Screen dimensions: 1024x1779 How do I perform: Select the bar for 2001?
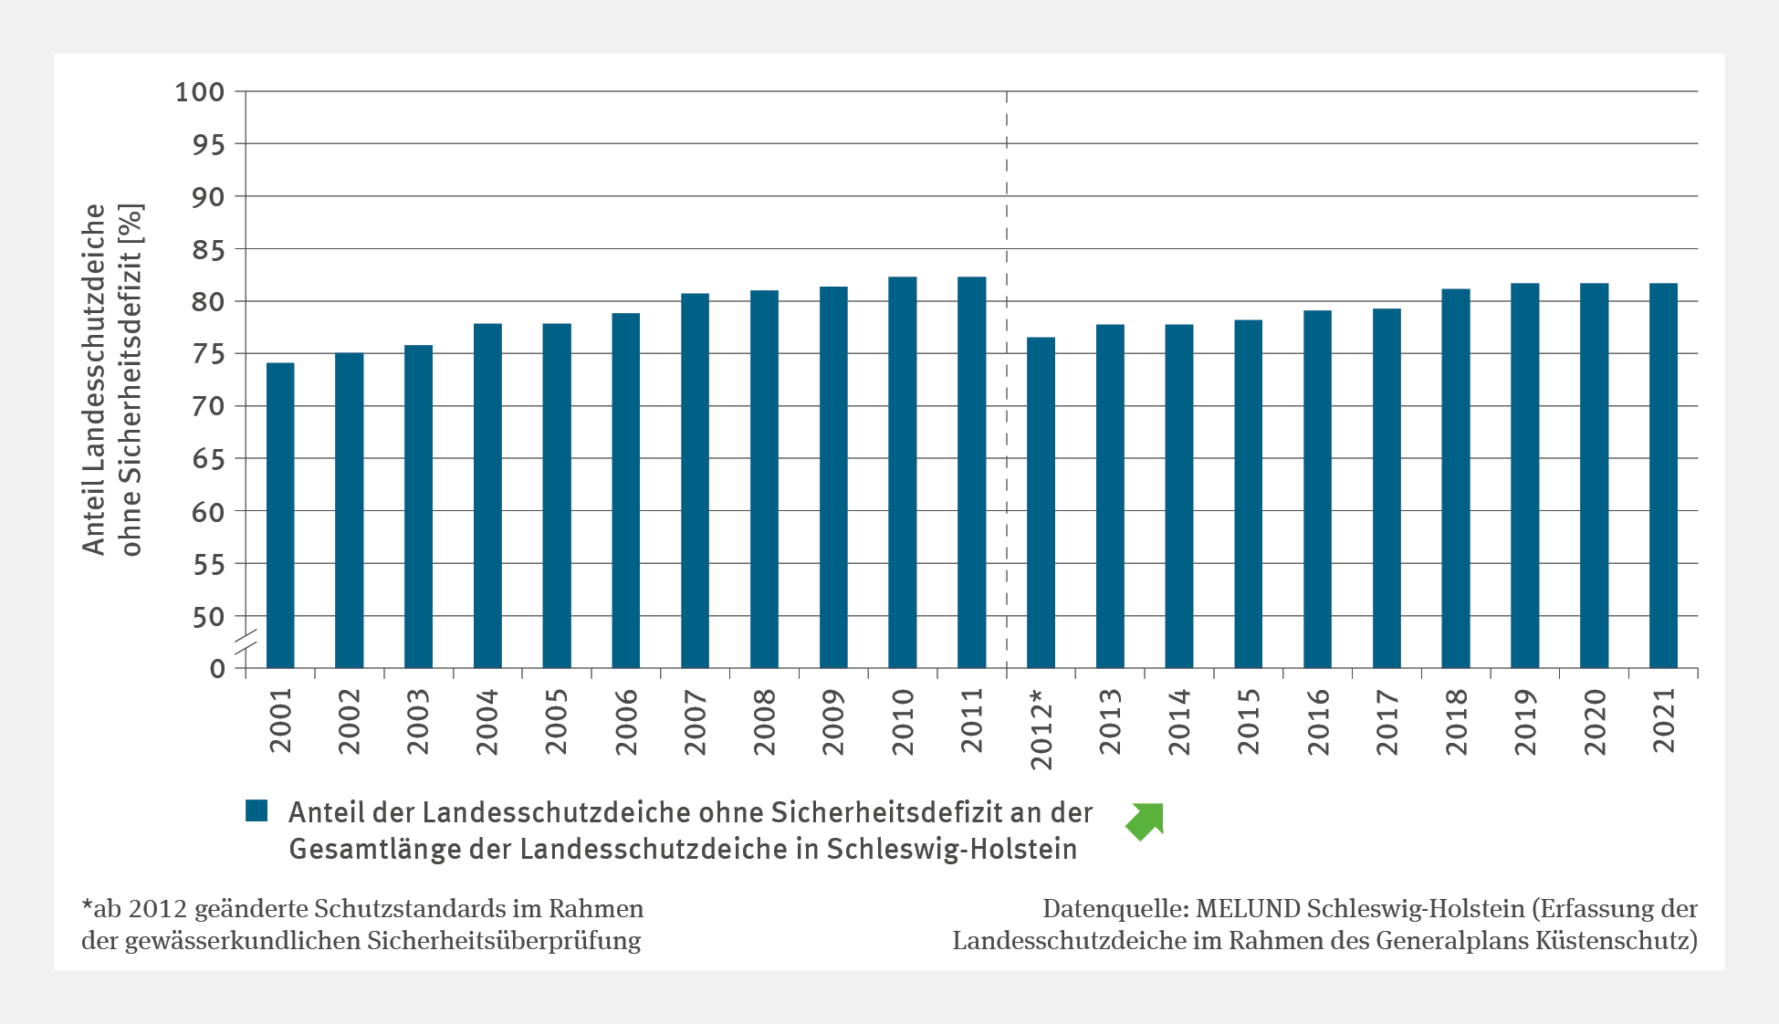click(x=280, y=516)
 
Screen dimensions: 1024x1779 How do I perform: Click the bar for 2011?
click(x=971, y=473)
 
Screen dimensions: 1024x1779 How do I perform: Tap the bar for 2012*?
click(x=1041, y=503)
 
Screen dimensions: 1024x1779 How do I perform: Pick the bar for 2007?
click(x=695, y=481)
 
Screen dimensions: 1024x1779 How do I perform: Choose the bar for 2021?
click(x=1663, y=475)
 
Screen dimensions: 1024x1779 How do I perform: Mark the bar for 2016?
click(x=1317, y=489)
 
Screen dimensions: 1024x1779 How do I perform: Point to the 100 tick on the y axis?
click(x=200, y=92)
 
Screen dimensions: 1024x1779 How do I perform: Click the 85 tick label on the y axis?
click(x=208, y=250)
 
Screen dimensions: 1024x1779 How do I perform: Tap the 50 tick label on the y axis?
click(x=208, y=618)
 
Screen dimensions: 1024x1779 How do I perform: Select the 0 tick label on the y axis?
click(x=217, y=669)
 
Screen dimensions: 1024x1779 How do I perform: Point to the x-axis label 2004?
click(x=487, y=722)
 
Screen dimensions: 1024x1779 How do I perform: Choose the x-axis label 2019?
click(x=1525, y=722)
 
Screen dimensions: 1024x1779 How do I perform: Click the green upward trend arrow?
click(x=1146, y=820)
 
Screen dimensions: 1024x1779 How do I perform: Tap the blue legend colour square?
click(x=256, y=810)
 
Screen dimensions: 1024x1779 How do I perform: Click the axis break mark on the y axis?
click(x=246, y=643)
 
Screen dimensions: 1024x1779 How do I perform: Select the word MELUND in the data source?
click(x=1248, y=909)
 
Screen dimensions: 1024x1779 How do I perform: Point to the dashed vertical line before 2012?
click(x=1007, y=365)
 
